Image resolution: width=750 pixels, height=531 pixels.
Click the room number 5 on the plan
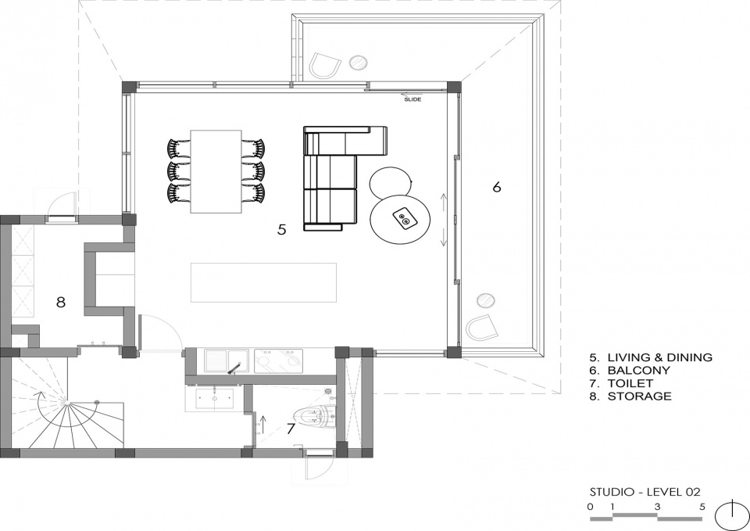[x=282, y=230]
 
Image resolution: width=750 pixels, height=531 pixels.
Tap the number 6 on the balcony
[x=497, y=187]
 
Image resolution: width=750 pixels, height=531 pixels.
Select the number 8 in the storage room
[x=60, y=302]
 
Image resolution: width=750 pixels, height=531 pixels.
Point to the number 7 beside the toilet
[x=291, y=429]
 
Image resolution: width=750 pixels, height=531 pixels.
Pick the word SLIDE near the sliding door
[x=412, y=99]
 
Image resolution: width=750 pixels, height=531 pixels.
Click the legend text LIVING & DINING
[x=659, y=357]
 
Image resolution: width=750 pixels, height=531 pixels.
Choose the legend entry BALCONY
[x=638, y=370]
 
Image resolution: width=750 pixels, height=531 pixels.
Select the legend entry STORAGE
[x=640, y=396]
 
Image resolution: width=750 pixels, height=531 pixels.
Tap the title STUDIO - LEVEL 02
[x=645, y=492]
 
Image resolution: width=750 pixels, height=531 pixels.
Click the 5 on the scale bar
[x=702, y=507]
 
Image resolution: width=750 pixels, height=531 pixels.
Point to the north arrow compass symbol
[x=732, y=516]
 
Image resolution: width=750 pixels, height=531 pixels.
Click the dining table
[x=216, y=171]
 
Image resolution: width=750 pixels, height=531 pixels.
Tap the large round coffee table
[x=401, y=219]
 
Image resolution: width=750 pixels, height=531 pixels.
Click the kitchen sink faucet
[x=234, y=368]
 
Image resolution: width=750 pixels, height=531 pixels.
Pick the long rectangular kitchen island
[x=263, y=282]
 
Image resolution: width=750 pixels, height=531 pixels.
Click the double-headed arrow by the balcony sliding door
[x=444, y=219]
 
